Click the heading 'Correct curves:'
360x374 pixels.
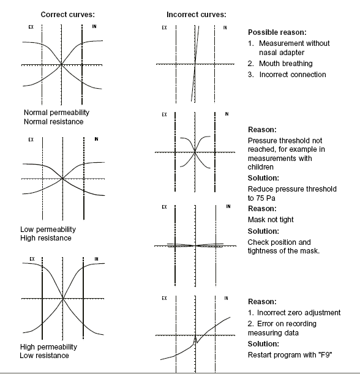click(x=68, y=15)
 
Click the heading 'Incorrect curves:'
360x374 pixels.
click(x=197, y=15)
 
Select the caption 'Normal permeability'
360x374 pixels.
click(x=56, y=113)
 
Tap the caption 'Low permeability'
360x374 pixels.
click(x=48, y=229)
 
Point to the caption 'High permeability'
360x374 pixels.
click(x=48, y=346)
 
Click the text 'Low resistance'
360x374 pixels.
click(x=44, y=356)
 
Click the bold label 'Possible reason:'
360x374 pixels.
click(x=277, y=32)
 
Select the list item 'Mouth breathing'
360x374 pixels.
click(x=285, y=64)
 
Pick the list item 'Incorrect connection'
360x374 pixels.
click(x=293, y=75)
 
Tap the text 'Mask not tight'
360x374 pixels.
click(x=271, y=219)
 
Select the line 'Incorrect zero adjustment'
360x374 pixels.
click(x=299, y=312)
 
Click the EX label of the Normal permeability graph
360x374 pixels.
click(x=31, y=27)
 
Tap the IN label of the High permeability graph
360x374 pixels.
click(x=96, y=259)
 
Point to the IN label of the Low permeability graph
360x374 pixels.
click(x=96, y=139)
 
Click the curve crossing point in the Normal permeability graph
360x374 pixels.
click(x=61, y=65)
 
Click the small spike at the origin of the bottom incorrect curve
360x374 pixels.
click(x=195, y=338)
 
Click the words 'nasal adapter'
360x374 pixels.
click(x=282, y=53)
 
